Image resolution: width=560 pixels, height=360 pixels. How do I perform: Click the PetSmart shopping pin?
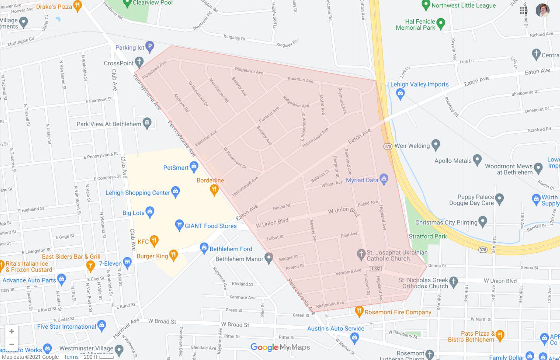(194, 167)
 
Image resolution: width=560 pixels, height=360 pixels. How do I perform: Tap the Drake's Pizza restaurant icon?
(78, 6)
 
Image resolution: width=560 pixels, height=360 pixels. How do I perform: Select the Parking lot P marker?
(150, 47)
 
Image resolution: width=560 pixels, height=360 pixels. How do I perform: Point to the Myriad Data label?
(362, 180)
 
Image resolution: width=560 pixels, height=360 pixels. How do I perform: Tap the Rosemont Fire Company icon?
(359, 311)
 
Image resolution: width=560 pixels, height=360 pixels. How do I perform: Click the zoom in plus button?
(12, 331)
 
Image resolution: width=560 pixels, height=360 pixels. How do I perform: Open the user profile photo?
(542, 10)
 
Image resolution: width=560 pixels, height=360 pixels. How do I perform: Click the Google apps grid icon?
(523, 10)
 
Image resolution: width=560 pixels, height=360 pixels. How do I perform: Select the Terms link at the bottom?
(71, 357)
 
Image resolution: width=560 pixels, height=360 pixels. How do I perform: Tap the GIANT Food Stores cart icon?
(179, 225)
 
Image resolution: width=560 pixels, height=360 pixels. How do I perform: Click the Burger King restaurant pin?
(173, 255)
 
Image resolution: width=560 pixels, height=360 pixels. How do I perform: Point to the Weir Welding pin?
(436, 145)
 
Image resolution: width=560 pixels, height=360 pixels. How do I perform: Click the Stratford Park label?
(428, 236)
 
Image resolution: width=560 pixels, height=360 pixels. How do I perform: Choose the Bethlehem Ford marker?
(204, 248)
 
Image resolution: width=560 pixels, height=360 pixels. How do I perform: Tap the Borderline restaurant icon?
(214, 189)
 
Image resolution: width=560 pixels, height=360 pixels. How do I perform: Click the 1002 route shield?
(376, 268)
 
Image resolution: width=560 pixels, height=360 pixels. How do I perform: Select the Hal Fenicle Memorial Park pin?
(441, 23)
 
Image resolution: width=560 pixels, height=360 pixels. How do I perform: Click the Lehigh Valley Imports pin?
(400, 93)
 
